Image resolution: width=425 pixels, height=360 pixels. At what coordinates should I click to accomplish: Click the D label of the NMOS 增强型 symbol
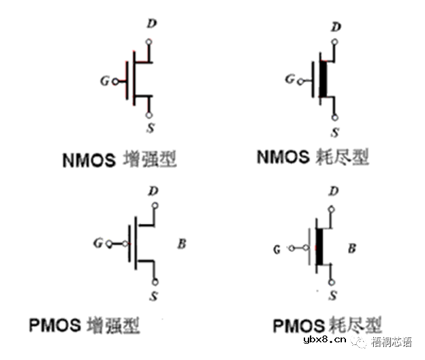(152, 23)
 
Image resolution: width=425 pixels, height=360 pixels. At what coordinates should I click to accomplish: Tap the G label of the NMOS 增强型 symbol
(105, 81)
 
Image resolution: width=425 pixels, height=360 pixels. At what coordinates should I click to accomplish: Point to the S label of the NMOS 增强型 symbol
(151, 127)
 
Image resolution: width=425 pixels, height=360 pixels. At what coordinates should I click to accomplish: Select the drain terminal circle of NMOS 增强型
(148, 42)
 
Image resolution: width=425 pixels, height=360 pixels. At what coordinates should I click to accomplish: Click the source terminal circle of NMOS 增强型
(148, 115)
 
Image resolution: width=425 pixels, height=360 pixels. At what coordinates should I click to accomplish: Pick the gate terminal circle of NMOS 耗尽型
(300, 82)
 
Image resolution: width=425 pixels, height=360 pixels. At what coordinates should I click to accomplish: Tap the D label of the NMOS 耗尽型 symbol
(336, 27)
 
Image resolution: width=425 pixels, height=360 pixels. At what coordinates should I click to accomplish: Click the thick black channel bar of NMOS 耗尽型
(324, 79)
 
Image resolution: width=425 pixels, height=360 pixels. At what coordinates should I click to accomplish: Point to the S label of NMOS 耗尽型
(335, 133)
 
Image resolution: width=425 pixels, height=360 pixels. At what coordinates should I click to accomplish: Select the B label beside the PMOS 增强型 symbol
(182, 244)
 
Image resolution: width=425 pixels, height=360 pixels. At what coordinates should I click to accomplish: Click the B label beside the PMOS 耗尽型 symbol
(352, 248)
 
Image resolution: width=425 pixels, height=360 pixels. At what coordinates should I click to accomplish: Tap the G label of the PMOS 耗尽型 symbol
(277, 249)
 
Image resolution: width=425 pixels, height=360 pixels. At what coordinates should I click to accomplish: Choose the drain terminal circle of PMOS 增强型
(155, 206)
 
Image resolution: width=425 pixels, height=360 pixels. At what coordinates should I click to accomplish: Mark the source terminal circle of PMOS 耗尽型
(332, 282)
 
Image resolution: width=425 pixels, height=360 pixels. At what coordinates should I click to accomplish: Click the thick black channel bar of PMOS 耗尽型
(319, 247)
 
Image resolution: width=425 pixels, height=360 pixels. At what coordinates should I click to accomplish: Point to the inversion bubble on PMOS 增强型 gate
(125, 244)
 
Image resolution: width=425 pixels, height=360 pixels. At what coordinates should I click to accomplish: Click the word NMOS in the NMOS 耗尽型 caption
(283, 157)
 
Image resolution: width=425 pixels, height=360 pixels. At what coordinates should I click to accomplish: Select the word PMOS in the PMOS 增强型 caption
(54, 325)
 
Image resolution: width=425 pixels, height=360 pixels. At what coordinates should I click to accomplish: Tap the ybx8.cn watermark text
(325, 340)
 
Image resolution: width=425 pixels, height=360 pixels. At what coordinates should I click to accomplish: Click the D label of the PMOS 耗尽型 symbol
(333, 191)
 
